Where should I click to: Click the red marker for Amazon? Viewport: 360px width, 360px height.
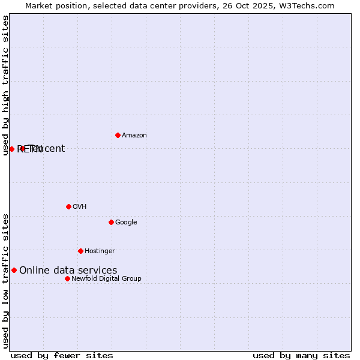coord(118,135)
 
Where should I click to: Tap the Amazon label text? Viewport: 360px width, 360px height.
coord(134,136)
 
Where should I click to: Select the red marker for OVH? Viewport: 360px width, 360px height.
coord(68,206)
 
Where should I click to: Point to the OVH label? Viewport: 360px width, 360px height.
coord(80,207)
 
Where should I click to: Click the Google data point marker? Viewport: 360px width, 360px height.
coord(111,222)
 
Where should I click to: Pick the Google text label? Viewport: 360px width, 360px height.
coord(126,223)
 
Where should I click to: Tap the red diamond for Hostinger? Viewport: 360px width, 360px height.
coord(80,251)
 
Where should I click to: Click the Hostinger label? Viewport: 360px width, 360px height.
coord(100,251)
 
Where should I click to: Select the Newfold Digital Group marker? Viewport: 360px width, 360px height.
coord(67,278)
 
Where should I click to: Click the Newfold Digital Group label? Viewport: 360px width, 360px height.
coord(106,279)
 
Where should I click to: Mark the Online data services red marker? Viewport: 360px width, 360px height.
coord(14,270)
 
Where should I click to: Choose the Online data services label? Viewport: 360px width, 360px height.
coord(68,271)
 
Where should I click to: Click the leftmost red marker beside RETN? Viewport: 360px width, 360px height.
coord(11,149)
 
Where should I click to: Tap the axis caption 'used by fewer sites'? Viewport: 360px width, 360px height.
coord(62,356)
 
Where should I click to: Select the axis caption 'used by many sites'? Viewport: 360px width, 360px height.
coord(301,356)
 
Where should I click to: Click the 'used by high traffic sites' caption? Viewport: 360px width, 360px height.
coord(6,85)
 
